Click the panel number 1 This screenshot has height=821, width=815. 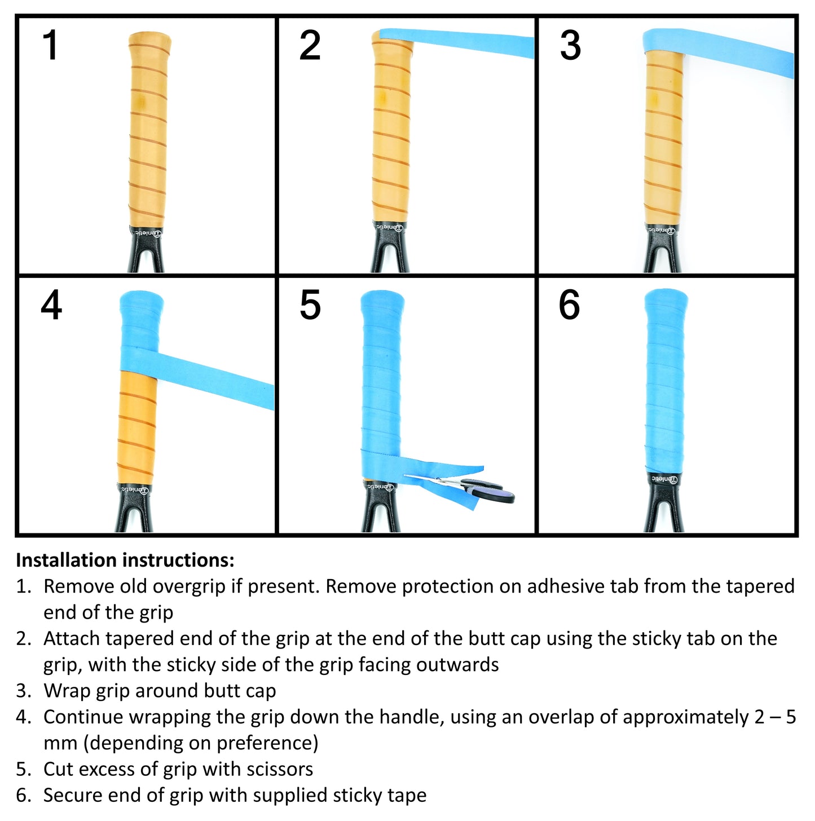click(51, 45)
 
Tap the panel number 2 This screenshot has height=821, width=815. click(310, 45)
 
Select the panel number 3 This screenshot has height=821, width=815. click(570, 45)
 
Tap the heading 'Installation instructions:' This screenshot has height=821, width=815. click(125, 560)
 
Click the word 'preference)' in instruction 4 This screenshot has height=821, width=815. click(267, 743)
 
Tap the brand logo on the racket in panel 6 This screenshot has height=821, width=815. click(664, 479)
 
